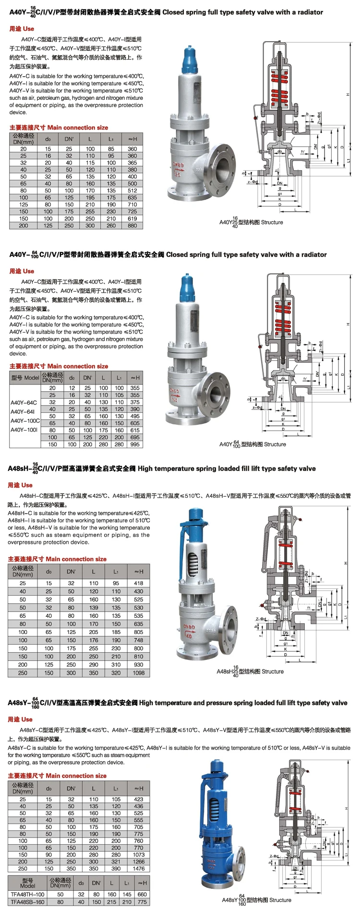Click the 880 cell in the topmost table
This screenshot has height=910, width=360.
(132, 225)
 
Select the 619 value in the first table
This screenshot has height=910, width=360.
(132, 218)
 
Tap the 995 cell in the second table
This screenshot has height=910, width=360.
(135, 444)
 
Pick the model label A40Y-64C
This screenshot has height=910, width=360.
(24, 403)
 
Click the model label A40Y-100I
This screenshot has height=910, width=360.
(24, 430)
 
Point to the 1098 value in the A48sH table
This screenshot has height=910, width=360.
(139, 673)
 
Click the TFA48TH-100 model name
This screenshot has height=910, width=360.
(27, 894)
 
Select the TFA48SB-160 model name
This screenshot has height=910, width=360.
(27, 902)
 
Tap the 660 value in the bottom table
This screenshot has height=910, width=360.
(142, 894)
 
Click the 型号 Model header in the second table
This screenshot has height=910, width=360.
(25, 378)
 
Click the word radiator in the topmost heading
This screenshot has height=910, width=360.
(308, 12)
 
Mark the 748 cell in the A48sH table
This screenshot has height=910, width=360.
(139, 640)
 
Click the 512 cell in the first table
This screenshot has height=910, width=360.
(132, 191)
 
